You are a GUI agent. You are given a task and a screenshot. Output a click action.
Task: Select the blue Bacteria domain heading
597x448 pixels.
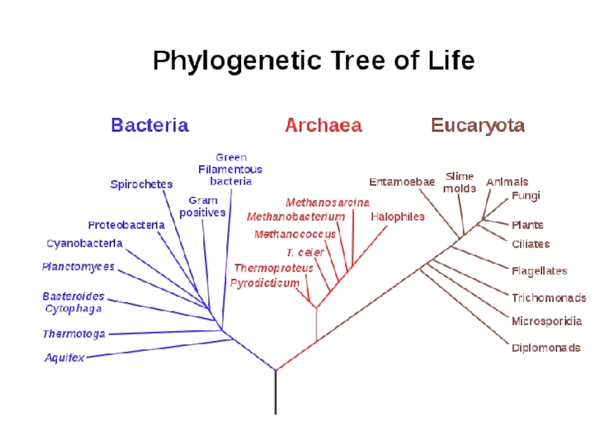150,125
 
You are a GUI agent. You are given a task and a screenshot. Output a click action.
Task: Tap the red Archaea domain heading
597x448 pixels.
323,125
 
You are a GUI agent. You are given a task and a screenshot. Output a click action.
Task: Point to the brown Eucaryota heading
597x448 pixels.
478,125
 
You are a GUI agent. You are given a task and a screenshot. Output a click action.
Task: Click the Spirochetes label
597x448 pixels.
141,184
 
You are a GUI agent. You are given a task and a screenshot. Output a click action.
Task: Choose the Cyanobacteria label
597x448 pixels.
84,243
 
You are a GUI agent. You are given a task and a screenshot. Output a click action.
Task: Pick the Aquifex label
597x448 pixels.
64,358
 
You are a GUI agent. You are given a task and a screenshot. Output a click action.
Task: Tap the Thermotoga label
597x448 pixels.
74,334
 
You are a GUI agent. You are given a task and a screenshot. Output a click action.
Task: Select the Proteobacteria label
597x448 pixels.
126,225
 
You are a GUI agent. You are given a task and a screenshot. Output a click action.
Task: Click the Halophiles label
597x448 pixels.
398,217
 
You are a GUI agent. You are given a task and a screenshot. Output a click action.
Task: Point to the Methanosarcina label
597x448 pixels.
328,202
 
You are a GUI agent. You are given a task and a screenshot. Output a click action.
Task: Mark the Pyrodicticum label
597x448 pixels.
265,284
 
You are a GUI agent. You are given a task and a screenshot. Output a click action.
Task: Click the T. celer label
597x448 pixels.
305,252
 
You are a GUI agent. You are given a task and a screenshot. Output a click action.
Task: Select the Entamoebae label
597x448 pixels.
401,182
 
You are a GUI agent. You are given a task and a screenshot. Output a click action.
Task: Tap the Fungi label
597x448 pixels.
526,196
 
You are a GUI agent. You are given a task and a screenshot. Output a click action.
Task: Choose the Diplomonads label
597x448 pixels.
546,348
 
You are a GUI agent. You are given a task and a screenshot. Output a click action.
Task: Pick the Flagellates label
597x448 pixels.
540,271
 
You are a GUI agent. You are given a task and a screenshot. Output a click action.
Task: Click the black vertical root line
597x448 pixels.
275,392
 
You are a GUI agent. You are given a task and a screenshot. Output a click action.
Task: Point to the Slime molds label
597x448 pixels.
460,182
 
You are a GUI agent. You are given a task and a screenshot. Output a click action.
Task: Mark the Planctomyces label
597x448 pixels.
78,267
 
